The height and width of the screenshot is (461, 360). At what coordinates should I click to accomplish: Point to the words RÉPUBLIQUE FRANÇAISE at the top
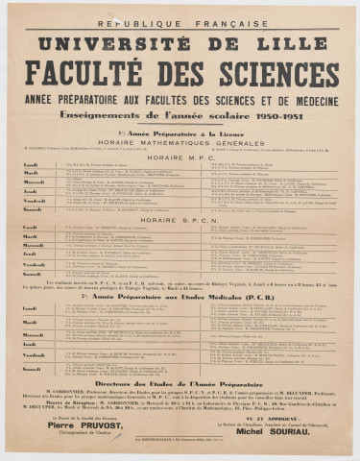(x=180, y=21)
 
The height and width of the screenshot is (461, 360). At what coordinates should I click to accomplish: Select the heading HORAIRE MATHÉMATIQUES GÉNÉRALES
(x=180, y=139)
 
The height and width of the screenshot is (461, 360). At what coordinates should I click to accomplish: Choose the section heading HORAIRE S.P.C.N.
(x=180, y=220)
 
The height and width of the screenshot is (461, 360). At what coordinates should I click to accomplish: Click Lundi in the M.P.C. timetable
(x=31, y=165)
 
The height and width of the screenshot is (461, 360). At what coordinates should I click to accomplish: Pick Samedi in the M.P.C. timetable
(x=32, y=207)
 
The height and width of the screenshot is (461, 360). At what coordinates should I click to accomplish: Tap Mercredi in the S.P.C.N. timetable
(x=33, y=246)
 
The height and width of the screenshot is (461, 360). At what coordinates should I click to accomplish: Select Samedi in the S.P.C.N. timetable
(x=32, y=273)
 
